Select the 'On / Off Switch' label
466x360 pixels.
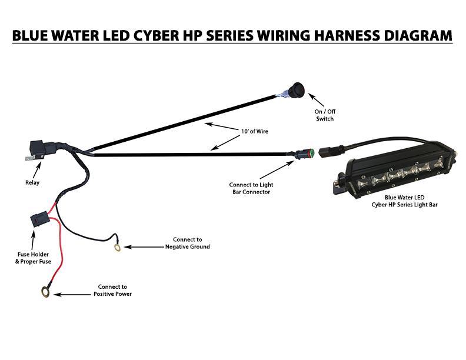click(325, 115)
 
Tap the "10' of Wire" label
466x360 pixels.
click(254, 131)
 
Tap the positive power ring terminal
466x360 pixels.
click(45, 291)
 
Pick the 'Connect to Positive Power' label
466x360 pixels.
click(112, 290)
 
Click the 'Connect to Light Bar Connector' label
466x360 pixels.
click(251, 188)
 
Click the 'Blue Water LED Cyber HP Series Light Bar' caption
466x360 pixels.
click(405, 201)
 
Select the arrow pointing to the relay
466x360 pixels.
click(37, 169)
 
